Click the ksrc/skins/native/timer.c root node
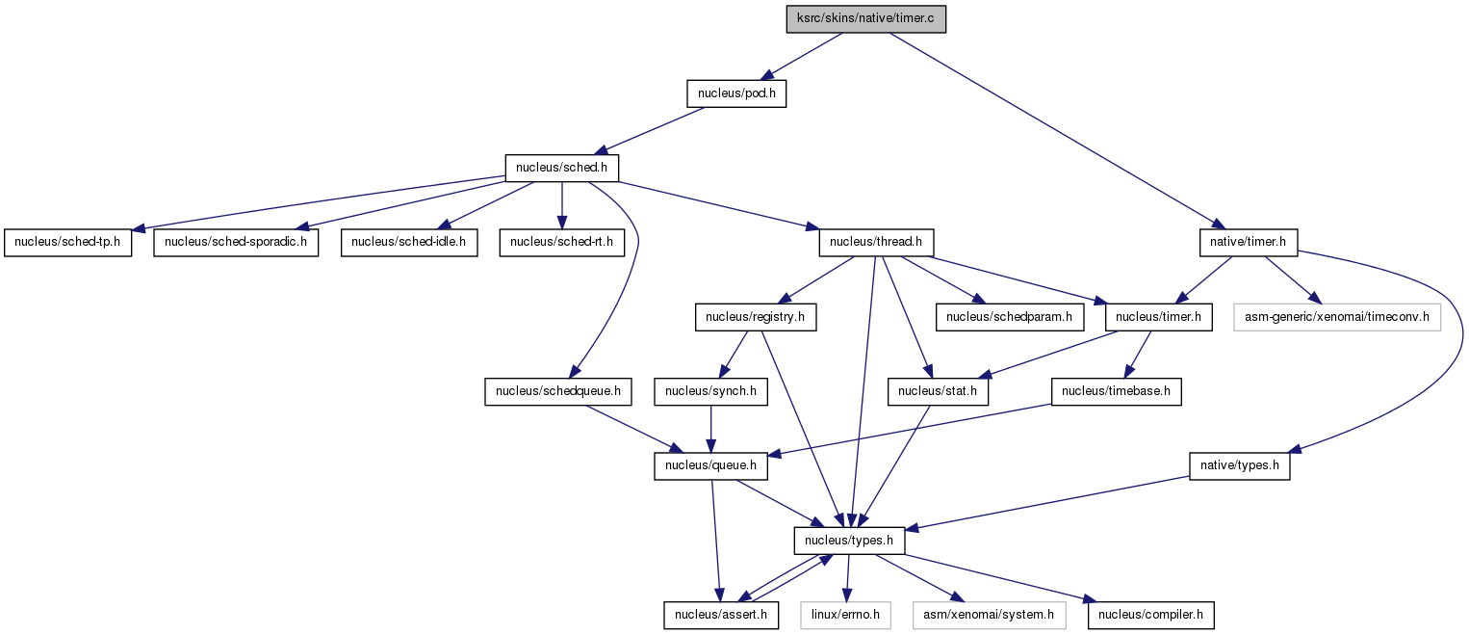coord(865,18)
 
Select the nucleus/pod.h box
coord(736,93)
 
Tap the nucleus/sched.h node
coord(561,168)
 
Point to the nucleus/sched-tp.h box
coord(67,242)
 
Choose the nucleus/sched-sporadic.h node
coord(236,242)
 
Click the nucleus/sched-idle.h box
coord(408,242)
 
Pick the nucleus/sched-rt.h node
coord(561,242)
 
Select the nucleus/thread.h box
coord(876,242)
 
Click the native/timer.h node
coord(1248,242)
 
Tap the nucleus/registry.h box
coord(756,317)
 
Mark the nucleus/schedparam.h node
coord(1009,317)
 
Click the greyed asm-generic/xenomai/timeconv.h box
coord(1336,317)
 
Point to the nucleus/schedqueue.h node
coord(558,391)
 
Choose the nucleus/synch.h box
coord(710,391)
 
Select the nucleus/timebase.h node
coord(1116,391)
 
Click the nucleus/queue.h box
coord(710,465)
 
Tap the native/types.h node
coord(1240,465)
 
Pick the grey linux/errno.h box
coord(845,615)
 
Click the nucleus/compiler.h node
coord(1151,615)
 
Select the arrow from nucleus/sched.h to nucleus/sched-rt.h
coord(561,205)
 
